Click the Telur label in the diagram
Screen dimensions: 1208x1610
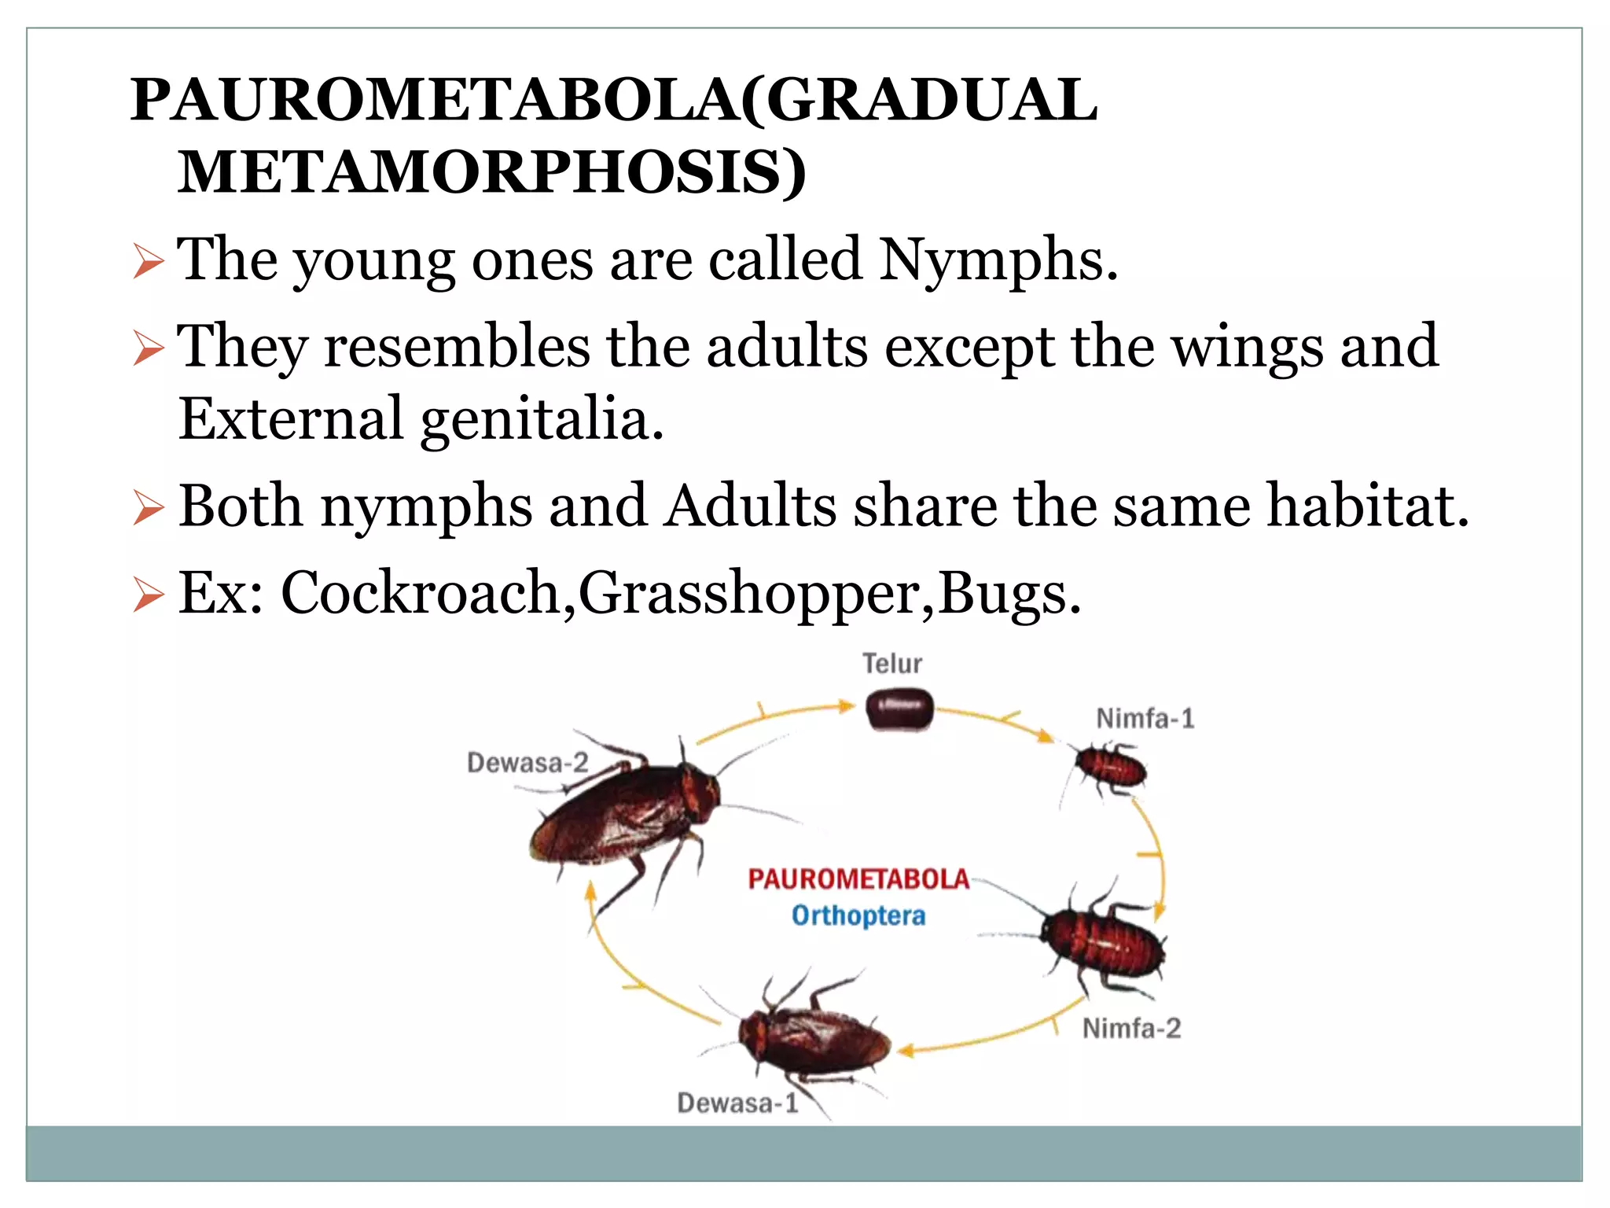click(x=892, y=664)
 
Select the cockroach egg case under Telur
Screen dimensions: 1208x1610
click(x=899, y=709)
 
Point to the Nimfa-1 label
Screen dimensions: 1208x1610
click(x=1145, y=718)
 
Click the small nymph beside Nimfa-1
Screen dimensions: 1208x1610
click(x=1110, y=768)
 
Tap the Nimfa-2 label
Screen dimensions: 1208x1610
click(x=1131, y=1029)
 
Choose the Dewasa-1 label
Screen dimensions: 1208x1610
click(x=737, y=1103)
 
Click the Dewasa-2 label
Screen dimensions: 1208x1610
click(x=527, y=762)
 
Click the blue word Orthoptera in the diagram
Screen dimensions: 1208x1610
click(x=858, y=915)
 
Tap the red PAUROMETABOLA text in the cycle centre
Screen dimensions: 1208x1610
click(x=858, y=878)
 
